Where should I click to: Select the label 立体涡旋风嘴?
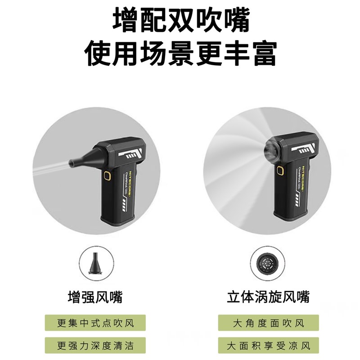[x=268, y=297]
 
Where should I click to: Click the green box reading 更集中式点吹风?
[x=95, y=323]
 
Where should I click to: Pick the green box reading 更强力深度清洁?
[x=95, y=346]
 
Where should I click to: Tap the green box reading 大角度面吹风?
[x=268, y=323]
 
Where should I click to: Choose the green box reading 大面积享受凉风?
[x=268, y=346]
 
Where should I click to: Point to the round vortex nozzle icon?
[x=268, y=263]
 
